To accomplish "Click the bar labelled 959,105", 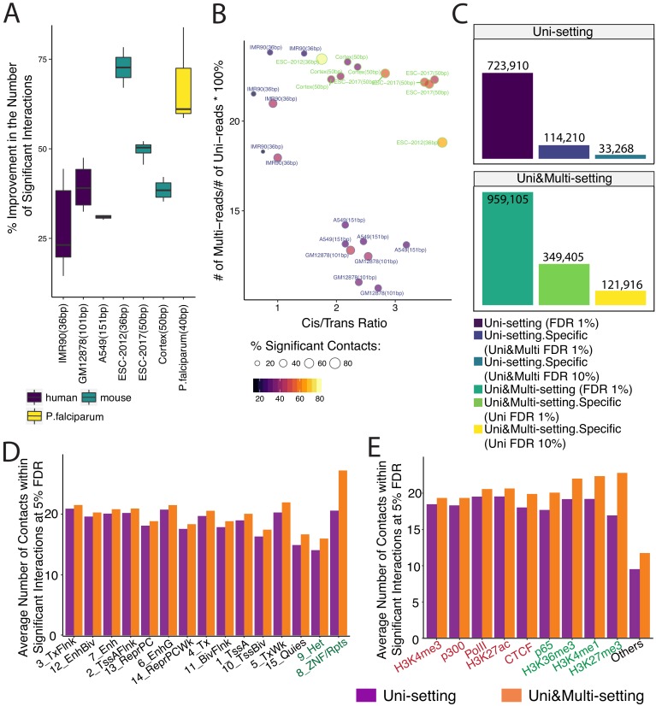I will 507,248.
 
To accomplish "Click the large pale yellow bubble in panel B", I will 322,59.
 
